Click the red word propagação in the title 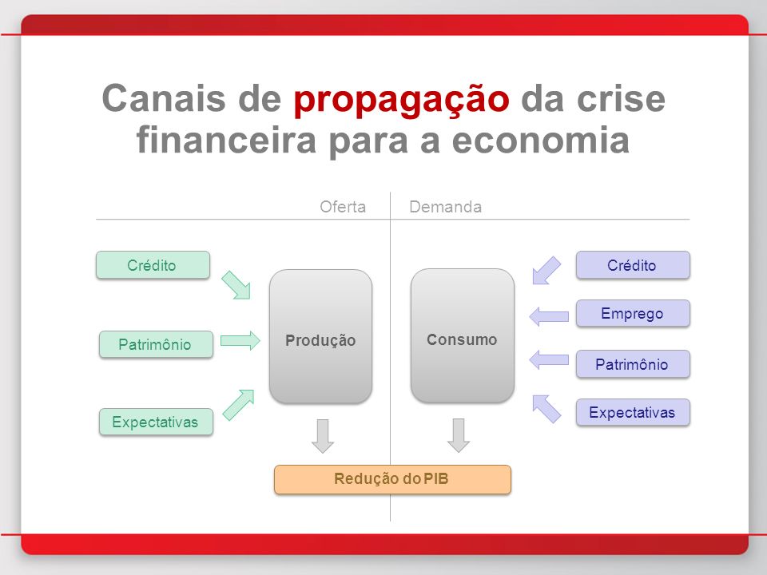(x=401, y=101)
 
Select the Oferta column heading (x=343, y=207)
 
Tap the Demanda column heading (x=445, y=207)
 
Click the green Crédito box (x=153, y=265)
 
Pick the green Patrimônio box (x=156, y=344)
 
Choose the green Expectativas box (x=156, y=422)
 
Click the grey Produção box (x=320, y=336)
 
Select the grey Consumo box (x=463, y=335)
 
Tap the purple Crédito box (x=633, y=265)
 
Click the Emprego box (x=633, y=313)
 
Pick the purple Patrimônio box (x=633, y=364)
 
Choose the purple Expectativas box (x=633, y=412)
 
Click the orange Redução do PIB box (x=392, y=479)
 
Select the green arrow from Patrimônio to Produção (x=240, y=340)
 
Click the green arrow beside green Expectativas (x=239, y=404)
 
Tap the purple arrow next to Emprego (x=549, y=316)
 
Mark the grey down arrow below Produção (x=323, y=436)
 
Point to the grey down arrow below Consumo (x=459, y=435)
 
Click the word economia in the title (x=541, y=140)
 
